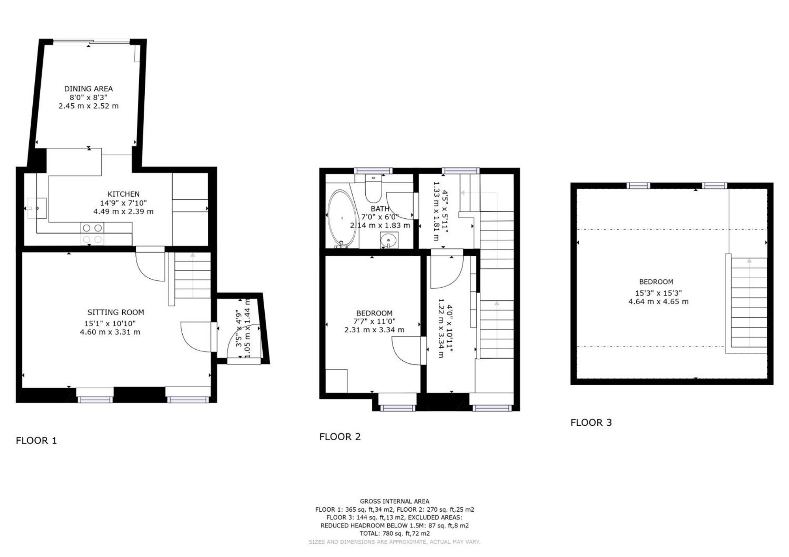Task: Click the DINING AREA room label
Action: pyautogui.click(x=88, y=89)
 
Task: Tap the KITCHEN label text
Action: pyautogui.click(x=123, y=194)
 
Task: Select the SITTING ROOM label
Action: pyautogui.click(x=116, y=312)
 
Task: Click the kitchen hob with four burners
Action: pyautogui.click(x=93, y=233)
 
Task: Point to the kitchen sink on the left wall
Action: pyautogui.click(x=38, y=208)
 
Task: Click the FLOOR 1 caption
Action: pyautogui.click(x=36, y=441)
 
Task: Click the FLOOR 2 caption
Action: pyautogui.click(x=340, y=437)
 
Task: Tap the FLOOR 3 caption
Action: pyautogui.click(x=591, y=423)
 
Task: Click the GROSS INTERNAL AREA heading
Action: pyautogui.click(x=394, y=501)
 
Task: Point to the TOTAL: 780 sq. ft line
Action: pyautogui.click(x=394, y=533)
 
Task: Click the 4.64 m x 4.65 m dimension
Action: pyautogui.click(x=658, y=302)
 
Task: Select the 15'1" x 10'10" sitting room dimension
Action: pyautogui.click(x=110, y=323)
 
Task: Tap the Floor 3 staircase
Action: pyautogui.click(x=748, y=304)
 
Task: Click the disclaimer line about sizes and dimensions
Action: pyautogui.click(x=394, y=542)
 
